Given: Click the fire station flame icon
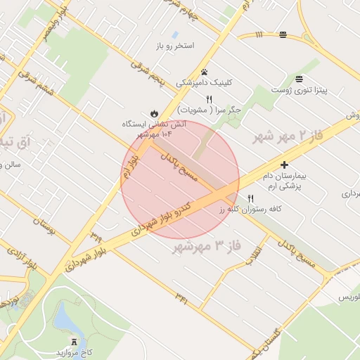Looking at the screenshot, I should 153,113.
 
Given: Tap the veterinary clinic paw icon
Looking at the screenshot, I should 204,72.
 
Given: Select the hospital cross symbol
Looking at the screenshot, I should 284,165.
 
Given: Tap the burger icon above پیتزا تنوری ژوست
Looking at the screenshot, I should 300,78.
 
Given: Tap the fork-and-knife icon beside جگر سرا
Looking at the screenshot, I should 209,99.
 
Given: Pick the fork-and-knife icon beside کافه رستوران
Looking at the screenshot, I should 250,198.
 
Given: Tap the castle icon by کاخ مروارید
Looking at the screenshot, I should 75,341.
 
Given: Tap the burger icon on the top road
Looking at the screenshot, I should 283,34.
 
